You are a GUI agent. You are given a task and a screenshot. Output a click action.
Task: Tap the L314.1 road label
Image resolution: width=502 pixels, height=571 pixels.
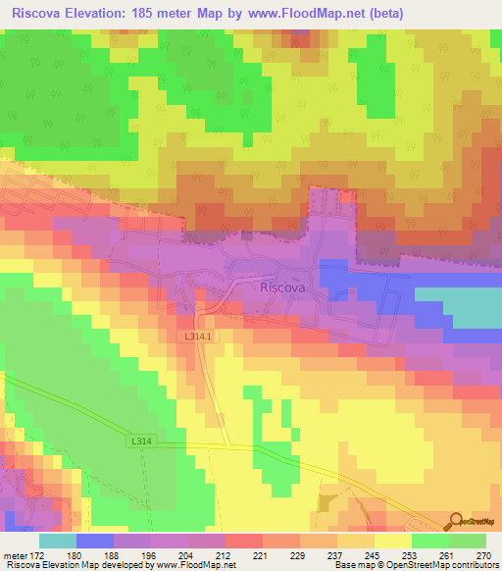point(199,337)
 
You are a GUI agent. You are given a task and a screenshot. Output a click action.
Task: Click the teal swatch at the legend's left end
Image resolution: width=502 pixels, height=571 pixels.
point(57,540)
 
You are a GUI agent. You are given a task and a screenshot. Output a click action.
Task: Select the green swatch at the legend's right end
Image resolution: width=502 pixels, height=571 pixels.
point(468,540)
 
